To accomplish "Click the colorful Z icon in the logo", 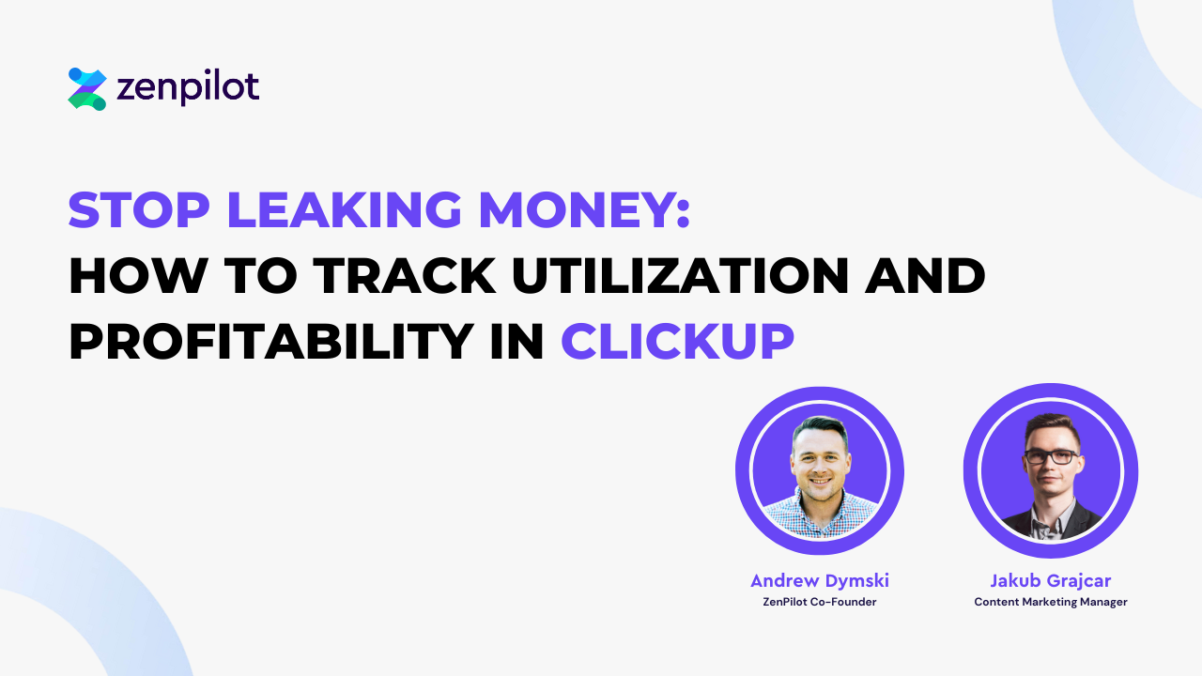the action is [x=87, y=88].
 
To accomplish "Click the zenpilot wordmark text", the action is [x=188, y=87].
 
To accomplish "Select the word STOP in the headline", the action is [x=139, y=209].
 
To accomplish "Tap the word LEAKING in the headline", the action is [x=344, y=209].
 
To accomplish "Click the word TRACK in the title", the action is [x=405, y=276].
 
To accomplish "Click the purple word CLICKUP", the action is [x=677, y=341].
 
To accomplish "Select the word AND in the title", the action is [x=925, y=276].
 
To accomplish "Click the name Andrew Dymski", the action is [x=820, y=580].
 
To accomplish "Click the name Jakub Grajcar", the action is [x=1050, y=580].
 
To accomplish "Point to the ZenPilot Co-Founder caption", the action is [x=820, y=602].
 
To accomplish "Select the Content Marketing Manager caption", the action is [x=1051, y=602].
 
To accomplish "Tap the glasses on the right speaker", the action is [x=1051, y=457].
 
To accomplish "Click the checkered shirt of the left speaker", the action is [x=819, y=516].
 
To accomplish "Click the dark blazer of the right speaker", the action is [x=1051, y=521].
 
